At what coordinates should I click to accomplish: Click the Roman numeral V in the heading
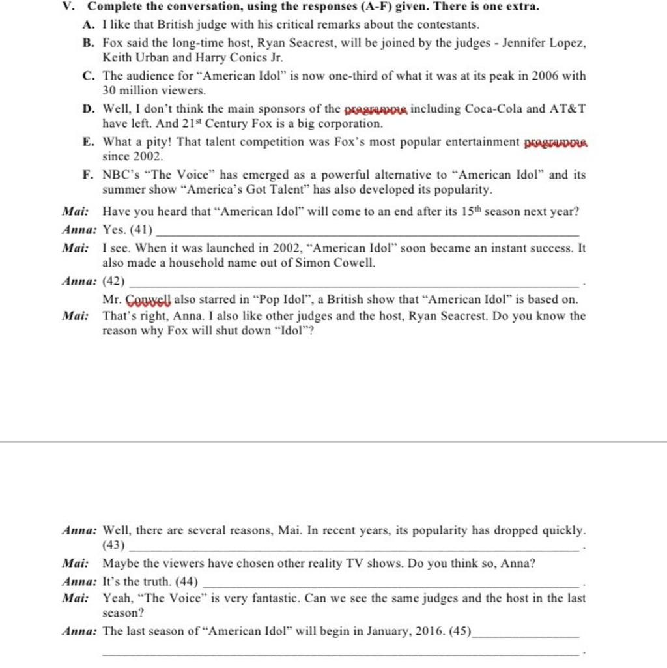pyautogui.click(x=66, y=7)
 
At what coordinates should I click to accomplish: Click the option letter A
pyautogui.click(x=88, y=25)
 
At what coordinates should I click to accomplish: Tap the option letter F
pyautogui.click(x=87, y=175)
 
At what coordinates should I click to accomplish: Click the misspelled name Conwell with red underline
pyautogui.click(x=148, y=300)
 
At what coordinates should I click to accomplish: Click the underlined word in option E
pyautogui.click(x=555, y=143)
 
